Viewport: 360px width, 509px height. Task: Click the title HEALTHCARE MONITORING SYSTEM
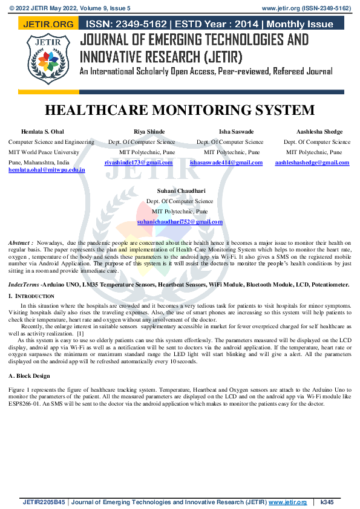(180, 110)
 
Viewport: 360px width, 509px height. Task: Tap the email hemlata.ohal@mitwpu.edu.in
(47, 170)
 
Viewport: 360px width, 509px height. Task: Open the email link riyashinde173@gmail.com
(139, 163)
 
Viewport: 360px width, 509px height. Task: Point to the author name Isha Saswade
(236, 132)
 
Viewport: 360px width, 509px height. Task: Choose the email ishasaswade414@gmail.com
(226, 163)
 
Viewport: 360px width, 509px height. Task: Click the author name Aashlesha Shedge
(319, 132)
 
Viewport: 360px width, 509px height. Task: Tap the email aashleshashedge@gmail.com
(312, 163)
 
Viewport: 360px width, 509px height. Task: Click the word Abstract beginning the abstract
(20, 242)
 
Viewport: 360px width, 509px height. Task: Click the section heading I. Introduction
(31, 296)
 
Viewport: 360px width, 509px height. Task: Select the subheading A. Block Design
(28, 376)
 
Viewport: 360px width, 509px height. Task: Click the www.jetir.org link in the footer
(283, 502)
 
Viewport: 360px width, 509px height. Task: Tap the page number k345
(328, 502)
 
